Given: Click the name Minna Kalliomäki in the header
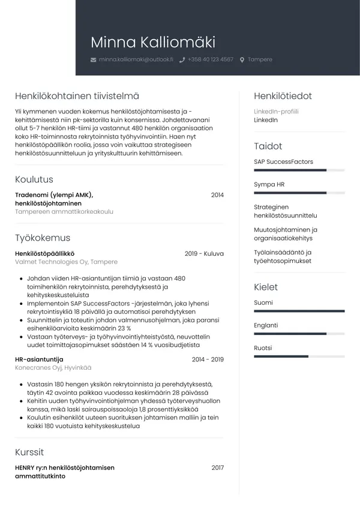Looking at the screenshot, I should [x=152, y=43].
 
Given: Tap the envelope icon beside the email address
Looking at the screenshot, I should [x=93, y=60].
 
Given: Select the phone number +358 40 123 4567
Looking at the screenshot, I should [x=210, y=60].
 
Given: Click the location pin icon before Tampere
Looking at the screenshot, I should [x=242, y=60].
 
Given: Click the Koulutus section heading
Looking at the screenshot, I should [x=34, y=179].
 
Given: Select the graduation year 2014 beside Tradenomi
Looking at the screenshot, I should [x=217, y=195].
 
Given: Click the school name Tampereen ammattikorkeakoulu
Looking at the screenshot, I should [x=64, y=212].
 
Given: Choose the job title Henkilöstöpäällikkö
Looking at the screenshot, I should [x=44, y=254].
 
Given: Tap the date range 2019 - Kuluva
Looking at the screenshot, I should [x=204, y=254].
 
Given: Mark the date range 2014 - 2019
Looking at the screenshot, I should [x=208, y=360].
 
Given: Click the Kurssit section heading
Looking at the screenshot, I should [x=29, y=452].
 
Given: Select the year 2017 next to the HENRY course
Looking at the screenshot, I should [x=217, y=468].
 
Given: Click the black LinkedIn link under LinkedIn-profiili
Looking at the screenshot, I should [x=266, y=120].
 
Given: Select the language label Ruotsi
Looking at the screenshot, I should [x=263, y=348].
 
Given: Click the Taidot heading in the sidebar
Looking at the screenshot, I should [x=268, y=146].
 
